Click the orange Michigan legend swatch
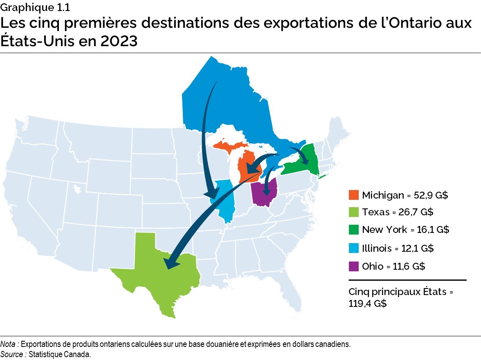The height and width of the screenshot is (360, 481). pyautogui.click(x=353, y=195)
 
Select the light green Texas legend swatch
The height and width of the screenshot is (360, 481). pyautogui.click(x=353, y=212)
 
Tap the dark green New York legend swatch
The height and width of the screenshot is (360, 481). pyautogui.click(x=353, y=230)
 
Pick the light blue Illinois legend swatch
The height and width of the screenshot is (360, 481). pyautogui.click(x=353, y=248)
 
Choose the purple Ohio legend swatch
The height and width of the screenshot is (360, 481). pyautogui.click(x=353, y=266)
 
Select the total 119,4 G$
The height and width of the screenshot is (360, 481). pyautogui.click(x=366, y=304)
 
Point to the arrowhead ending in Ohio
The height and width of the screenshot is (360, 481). pyautogui.click(x=267, y=191)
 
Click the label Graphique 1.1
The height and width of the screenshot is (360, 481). pyautogui.click(x=29, y=7)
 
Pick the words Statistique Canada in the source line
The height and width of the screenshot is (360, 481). pyautogui.click(x=60, y=354)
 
